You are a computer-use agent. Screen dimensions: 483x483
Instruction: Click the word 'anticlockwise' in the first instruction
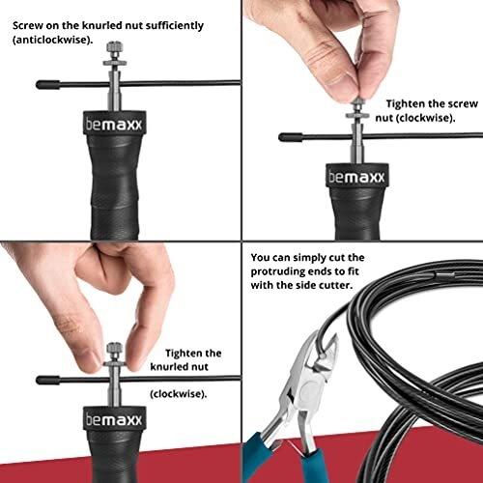point(52,41)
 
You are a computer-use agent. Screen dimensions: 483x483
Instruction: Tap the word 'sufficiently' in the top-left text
point(175,26)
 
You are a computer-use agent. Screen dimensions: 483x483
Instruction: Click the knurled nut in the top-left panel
point(114,49)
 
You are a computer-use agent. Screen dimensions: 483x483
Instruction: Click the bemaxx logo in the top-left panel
point(114,125)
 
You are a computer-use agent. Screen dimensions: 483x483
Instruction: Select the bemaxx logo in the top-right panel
point(356,177)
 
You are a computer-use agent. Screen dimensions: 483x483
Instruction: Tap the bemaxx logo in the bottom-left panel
point(114,419)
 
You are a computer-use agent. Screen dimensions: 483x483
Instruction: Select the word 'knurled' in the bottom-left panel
point(167,367)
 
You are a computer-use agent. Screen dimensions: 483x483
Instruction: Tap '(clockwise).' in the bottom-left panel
point(179,394)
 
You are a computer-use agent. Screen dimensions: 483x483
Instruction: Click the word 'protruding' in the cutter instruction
point(277,271)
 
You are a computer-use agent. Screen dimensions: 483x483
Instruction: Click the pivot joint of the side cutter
point(308,386)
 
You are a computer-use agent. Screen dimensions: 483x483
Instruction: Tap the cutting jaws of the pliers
point(327,350)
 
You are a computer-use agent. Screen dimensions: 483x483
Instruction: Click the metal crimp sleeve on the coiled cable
point(445,275)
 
